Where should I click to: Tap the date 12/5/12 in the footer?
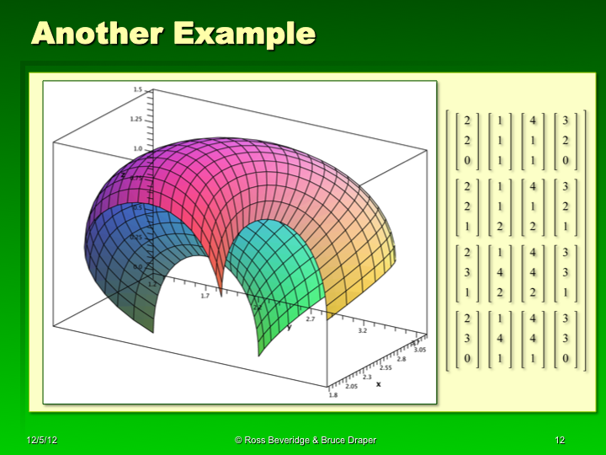click(41, 441)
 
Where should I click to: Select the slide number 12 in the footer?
click(560, 441)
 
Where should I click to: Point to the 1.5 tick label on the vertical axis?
click(136, 89)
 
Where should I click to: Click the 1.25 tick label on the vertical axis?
click(136, 120)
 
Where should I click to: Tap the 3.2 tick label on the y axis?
click(363, 331)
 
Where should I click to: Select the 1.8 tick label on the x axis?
click(333, 394)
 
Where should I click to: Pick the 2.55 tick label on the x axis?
click(386, 367)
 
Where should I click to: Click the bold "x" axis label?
click(378, 384)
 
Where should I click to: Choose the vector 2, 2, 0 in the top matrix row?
click(467, 138)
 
